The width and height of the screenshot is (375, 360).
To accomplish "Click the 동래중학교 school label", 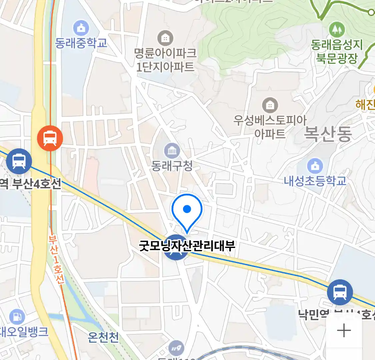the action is [81, 43].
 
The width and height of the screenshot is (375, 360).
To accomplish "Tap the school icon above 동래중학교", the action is [81, 28].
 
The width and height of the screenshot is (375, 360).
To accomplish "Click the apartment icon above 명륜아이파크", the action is [165, 38].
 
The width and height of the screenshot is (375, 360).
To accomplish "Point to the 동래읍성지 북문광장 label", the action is [337, 51].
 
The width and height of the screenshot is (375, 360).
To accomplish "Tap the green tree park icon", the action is [337, 30].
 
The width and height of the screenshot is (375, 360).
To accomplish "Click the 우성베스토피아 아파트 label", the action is [270, 127].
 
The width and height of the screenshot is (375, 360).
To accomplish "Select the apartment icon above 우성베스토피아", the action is [270, 106].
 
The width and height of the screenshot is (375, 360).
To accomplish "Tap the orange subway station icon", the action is [50, 138].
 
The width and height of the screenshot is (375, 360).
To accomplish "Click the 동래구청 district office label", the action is [172, 166].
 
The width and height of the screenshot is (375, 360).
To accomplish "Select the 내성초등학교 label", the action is [315, 181].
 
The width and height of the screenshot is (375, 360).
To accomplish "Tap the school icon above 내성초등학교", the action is [315, 166].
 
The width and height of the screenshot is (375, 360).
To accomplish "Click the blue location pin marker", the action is [187, 211].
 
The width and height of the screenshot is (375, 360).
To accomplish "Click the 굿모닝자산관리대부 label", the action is [187, 246].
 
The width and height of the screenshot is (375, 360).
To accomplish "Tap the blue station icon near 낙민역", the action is [340, 292].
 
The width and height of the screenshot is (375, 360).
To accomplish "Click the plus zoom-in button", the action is [344, 331].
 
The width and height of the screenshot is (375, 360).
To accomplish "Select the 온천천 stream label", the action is [103, 337].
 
